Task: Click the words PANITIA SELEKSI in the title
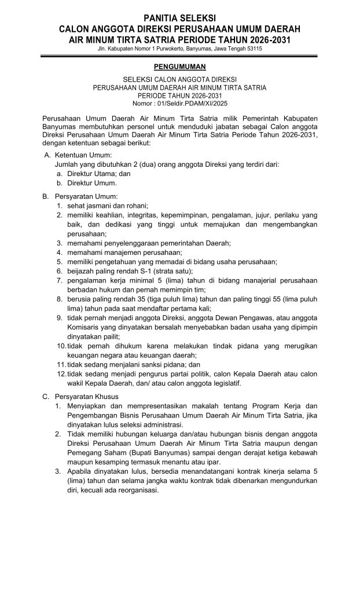tap(179, 19)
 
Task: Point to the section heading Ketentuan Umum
tap(83, 156)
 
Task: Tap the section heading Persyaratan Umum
tap(86, 197)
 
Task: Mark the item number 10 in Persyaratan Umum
tap(61, 345)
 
